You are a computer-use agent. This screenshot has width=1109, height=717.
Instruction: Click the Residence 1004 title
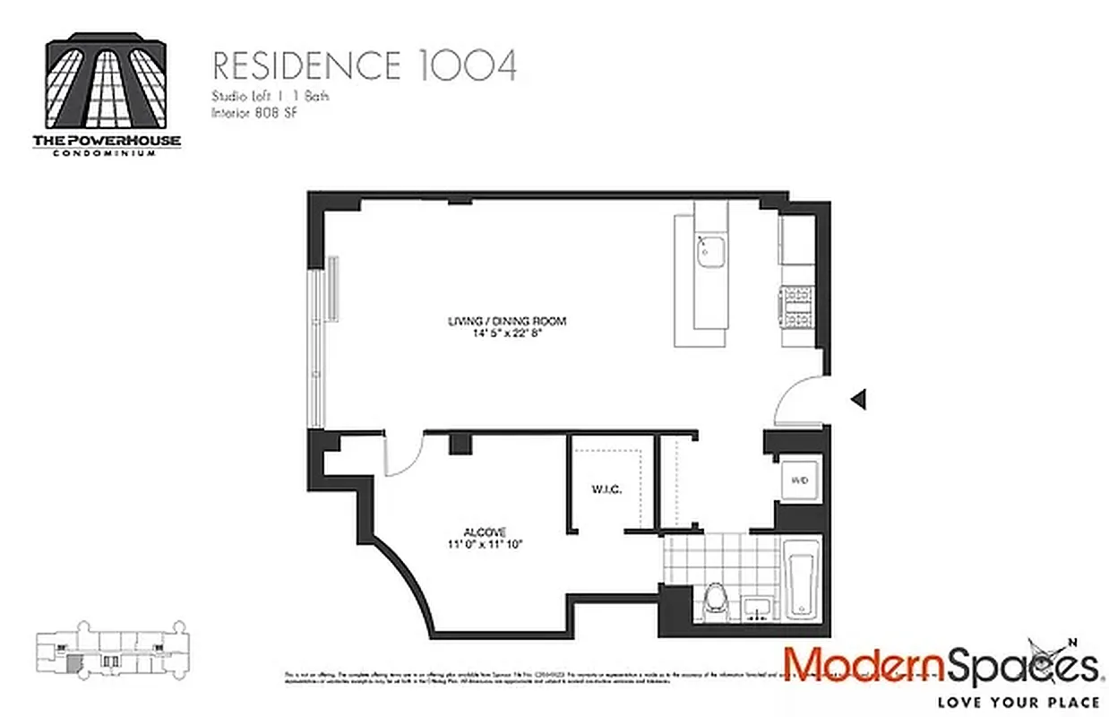pyautogui.click(x=364, y=66)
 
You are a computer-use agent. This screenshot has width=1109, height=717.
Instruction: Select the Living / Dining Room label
pyautogui.click(x=508, y=321)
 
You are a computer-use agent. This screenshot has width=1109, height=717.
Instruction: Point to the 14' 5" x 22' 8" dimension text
pyautogui.click(x=508, y=333)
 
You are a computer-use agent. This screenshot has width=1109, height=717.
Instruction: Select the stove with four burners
pyautogui.click(x=797, y=308)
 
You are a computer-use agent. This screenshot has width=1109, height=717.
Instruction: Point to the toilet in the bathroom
pyautogui.click(x=716, y=599)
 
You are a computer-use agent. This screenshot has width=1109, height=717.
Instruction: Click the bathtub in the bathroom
pyautogui.click(x=802, y=580)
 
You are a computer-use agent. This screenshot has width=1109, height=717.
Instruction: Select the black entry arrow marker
pyautogui.click(x=859, y=399)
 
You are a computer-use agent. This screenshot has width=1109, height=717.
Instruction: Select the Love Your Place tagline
pyautogui.click(x=1014, y=701)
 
